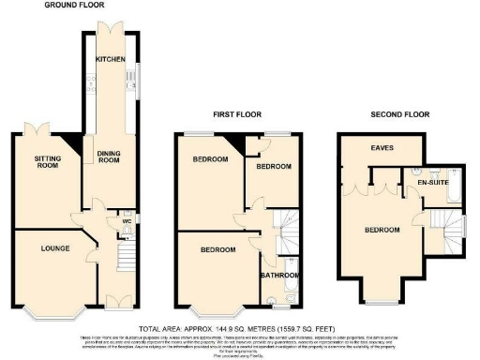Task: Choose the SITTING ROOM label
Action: coord(42,164)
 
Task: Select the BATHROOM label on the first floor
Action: coord(278,276)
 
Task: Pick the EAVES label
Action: coord(381,147)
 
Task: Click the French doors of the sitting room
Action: coord(42,129)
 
